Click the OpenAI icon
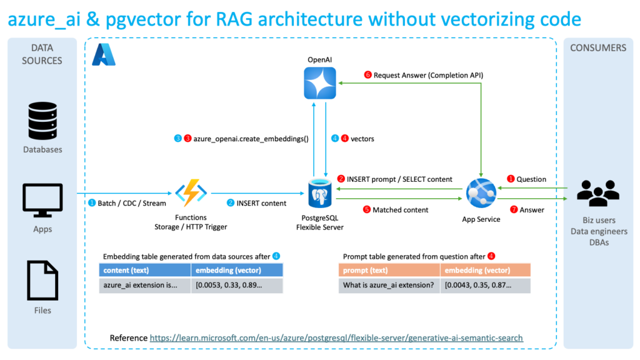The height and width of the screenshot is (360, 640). tap(319, 83)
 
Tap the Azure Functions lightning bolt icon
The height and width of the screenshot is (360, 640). tap(190, 193)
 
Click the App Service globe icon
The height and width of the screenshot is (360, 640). tap(481, 193)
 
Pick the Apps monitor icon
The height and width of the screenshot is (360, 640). tap(42, 200)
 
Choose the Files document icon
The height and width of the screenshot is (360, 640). tap(42, 281)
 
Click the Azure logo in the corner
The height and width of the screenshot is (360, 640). tap(104, 54)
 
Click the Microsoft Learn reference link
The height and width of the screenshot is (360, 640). tap(336, 338)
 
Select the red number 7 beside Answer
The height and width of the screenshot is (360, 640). tap(514, 210)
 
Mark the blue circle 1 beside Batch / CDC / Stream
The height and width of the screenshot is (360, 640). tap(92, 203)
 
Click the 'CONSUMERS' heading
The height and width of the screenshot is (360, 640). tap(598, 48)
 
